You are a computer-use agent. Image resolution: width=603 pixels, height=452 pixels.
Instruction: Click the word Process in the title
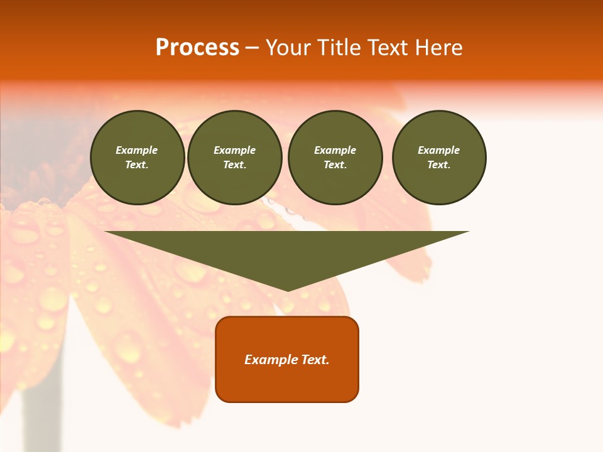[x=197, y=48]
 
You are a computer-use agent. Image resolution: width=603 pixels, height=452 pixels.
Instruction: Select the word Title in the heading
[x=342, y=48]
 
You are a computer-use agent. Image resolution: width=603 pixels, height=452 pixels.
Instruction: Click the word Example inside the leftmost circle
[x=137, y=150]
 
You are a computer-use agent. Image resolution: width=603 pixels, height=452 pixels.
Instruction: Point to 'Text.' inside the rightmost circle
[x=439, y=165]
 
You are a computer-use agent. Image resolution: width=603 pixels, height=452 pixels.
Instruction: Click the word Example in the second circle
[x=234, y=150]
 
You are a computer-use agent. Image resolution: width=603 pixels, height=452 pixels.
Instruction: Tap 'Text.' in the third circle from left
[x=335, y=165]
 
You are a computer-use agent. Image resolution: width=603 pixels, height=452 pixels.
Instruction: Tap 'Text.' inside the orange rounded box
[x=315, y=360]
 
